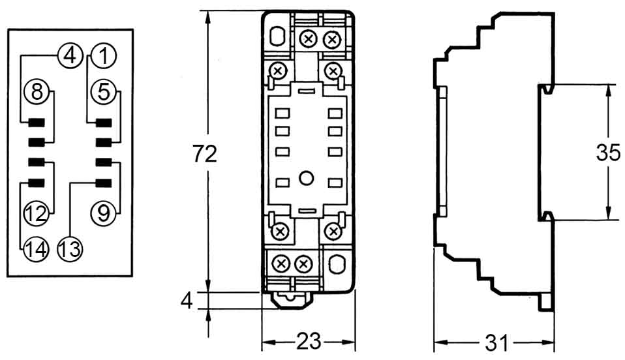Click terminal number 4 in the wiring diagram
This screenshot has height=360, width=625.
click(x=70, y=56)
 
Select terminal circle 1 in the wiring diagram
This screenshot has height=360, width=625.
click(x=102, y=56)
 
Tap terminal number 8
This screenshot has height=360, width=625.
click(x=37, y=91)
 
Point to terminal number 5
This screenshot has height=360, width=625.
click(x=102, y=91)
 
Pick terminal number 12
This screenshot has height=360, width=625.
click(x=37, y=213)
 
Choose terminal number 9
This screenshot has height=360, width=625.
click(x=102, y=213)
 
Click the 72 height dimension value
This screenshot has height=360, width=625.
click(x=204, y=154)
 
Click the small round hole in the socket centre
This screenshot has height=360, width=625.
click(x=307, y=177)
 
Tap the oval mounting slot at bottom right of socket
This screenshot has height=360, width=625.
click(x=337, y=264)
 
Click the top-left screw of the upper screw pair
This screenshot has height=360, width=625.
click(x=308, y=40)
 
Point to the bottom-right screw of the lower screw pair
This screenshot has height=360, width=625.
click(x=303, y=264)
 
